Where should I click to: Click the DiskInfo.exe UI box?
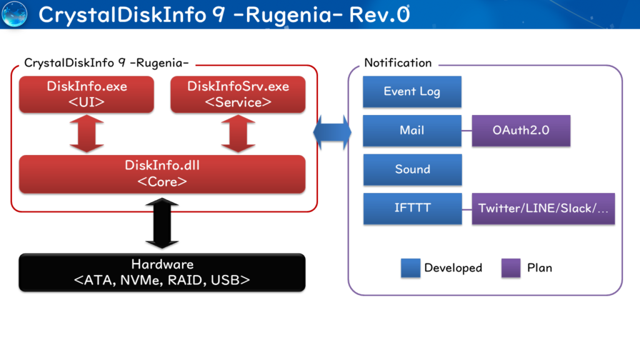pos(86,94)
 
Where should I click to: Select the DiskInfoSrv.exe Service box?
pos(238,94)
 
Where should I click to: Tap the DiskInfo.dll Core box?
pos(162,174)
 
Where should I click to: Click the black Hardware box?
pos(162,272)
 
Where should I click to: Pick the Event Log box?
pos(412,92)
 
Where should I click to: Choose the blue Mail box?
pos(412,131)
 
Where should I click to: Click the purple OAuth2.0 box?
pos(521,131)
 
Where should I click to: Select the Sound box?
pos(412,169)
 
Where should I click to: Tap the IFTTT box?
pos(412,208)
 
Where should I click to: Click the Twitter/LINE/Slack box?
pos(543,208)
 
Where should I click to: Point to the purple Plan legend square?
pos(511,268)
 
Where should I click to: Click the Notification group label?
pos(397,63)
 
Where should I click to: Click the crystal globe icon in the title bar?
pos(15,14)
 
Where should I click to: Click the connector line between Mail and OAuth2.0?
pos(467,131)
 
